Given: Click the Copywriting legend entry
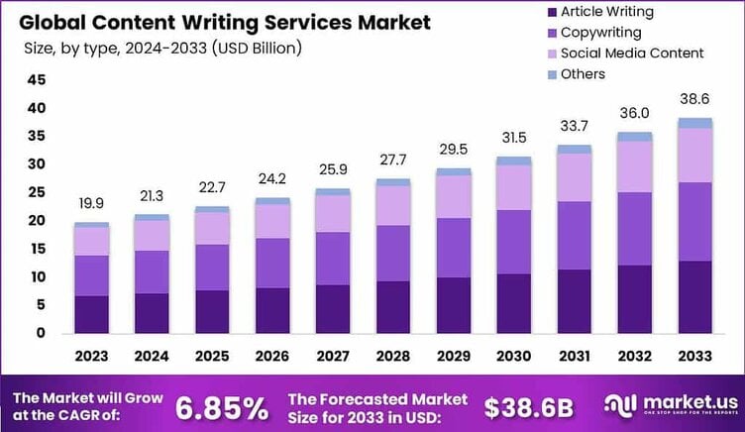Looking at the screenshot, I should pyautogui.click(x=599, y=33).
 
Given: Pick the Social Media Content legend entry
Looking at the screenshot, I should pyautogui.click(x=631, y=54).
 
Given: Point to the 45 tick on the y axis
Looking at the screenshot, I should pyautogui.click(x=36, y=79).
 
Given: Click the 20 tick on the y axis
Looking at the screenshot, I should pyautogui.click(x=36, y=221).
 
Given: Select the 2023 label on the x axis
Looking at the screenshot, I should pyautogui.click(x=92, y=354).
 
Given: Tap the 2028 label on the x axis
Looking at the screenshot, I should pyautogui.click(x=394, y=354).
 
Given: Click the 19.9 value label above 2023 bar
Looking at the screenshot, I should pyautogui.click(x=92, y=203).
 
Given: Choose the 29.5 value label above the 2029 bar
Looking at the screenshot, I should pyautogui.click(x=455, y=150).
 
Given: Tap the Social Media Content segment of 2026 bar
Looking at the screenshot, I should pyautogui.click(x=273, y=221).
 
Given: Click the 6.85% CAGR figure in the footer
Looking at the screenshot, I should pyautogui.click(x=221, y=406).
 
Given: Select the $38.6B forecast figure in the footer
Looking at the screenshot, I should pyautogui.click(x=529, y=406).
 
